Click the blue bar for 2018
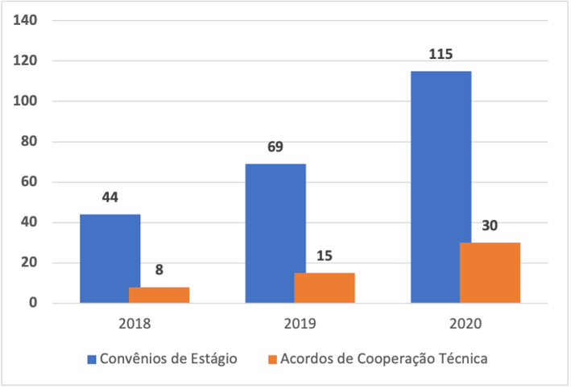click(110, 258)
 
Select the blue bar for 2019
click(275, 233)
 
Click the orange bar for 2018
click(159, 295)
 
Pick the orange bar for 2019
click(324, 288)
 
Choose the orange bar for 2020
click(490, 272)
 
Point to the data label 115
click(441, 55)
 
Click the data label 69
click(275, 147)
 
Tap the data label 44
click(110, 197)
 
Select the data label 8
click(159, 270)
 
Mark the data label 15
click(324, 256)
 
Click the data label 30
click(490, 226)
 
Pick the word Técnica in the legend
click(460, 359)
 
